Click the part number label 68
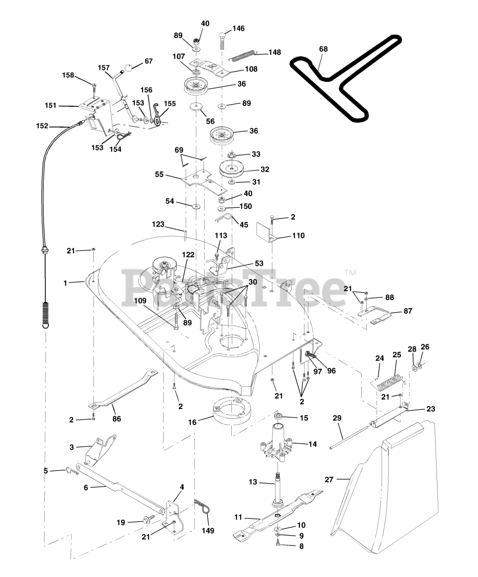point(323,49)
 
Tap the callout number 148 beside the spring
point(274,52)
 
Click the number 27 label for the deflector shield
point(329,480)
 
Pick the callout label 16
point(193,422)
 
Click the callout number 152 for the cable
point(42,126)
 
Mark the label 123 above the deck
point(158,224)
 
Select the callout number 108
point(251,69)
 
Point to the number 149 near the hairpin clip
point(208,531)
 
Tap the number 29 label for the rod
point(337,418)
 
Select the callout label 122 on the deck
point(188,255)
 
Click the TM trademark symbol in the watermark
point(350,273)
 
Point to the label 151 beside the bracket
point(51,105)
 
